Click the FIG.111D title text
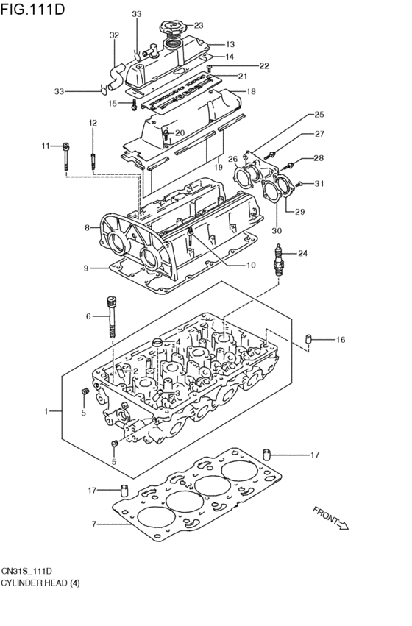click(32, 8)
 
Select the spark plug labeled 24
click(279, 260)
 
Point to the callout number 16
click(340, 340)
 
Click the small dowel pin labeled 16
click(308, 339)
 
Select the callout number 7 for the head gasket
click(94, 524)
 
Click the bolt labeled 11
click(66, 157)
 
